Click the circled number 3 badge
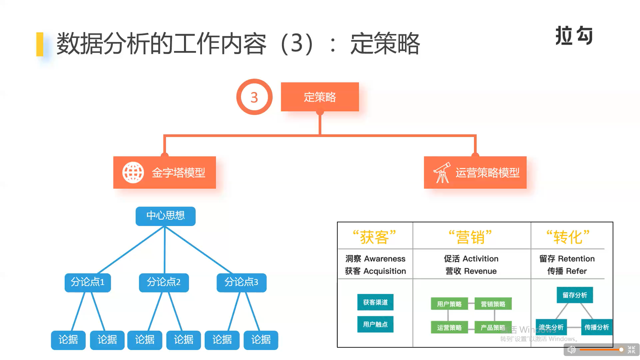(x=254, y=97)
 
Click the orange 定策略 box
(x=320, y=97)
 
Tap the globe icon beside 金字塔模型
(x=133, y=173)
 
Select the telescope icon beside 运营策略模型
(x=442, y=173)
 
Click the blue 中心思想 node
(x=165, y=216)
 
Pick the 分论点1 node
(x=88, y=283)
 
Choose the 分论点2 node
(x=164, y=283)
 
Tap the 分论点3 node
(x=241, y=283)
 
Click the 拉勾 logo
(x=574, y=35)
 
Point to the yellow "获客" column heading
(x=375, y=237)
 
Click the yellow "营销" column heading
(x=470, y=237)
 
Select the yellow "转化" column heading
(x=568, y=237)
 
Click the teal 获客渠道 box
(x=375, y=302)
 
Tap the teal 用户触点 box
(x=375, y=324)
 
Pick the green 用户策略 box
(x=449, y=304)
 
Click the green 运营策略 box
(x=449, y=327)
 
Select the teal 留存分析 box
(x=575, y=295)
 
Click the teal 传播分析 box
(x=597, y=327)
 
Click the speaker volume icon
(x=571, y=350)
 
